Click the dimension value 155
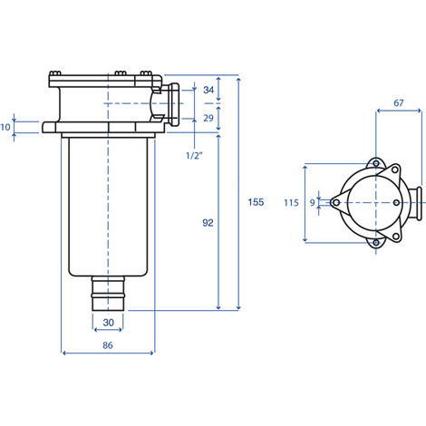(x=256, y=202)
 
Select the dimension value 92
(x=208, y=223)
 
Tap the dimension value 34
(x=208, y=90)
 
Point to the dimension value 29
(x=208, y=118)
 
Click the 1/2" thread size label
(x=194, y=156)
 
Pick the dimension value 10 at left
(x=5, y=127)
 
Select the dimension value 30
(x=108, y=323)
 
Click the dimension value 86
(x=108, y=345)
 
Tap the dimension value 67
(x=399, y=103)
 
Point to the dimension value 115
(x=291, y=202)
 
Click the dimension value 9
(x=313, y=203)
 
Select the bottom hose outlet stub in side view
(x=108, y=293)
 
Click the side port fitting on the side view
(x=171, y=104)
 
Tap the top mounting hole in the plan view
(x=376, y=163)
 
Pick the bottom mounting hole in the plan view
(x=376, y=242)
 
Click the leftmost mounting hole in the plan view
(x=334, y=203)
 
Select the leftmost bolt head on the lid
(x=55, y=73)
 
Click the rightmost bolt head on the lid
(x=146, y=73)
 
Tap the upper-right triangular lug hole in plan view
(x=394, y=169)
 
